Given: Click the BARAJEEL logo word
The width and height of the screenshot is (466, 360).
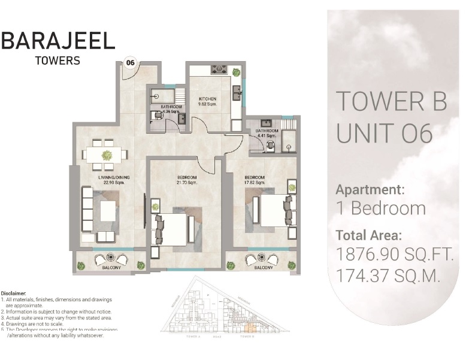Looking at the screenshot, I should [x=58, y=41].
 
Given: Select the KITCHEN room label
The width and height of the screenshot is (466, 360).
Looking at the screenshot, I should [x=207, y=98].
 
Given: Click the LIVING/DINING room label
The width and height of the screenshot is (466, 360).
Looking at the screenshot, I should [x=114, y=178].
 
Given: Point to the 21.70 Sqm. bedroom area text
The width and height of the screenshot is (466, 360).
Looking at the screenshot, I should [x=187, y=182].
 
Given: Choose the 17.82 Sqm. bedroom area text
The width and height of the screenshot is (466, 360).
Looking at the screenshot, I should [x=255, y=182].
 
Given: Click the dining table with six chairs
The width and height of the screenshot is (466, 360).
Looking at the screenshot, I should [x=107, y=155].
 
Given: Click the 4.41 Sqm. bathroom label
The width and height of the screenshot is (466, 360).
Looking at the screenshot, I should [x=267, y=133].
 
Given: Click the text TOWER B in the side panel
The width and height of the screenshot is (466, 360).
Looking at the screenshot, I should [x=391, y=101].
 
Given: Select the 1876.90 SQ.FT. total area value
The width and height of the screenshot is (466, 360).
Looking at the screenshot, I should [x=394, y=255].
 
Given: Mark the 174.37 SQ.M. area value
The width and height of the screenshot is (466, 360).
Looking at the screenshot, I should [x=389, y=277].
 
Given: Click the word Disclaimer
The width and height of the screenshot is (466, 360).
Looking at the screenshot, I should [x=13, y=294].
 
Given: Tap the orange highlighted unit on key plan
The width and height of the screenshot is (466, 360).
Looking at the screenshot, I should [x=252, y=327].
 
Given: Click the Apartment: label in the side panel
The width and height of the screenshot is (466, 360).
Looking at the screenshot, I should [x=370, y=190].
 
